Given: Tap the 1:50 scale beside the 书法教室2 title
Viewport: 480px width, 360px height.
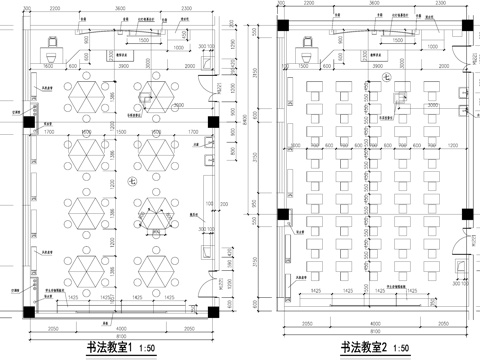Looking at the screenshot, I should point(402,347).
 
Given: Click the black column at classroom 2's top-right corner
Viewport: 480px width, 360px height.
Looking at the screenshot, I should point(464,25).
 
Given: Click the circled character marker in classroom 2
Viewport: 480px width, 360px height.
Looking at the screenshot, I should point(385,95).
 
